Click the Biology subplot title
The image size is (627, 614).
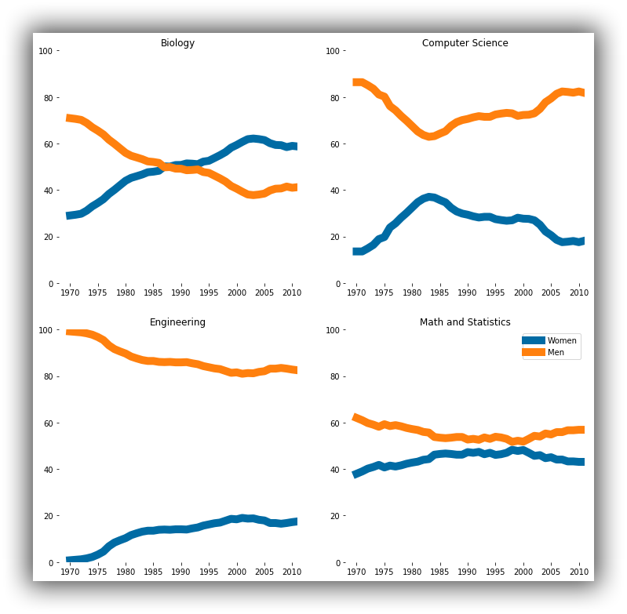pos(177,43)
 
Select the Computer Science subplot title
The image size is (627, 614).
pos(465,43)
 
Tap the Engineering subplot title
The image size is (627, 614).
pos(177,322)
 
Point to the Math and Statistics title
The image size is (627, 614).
pos(465,322)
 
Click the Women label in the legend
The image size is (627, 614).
pos(562,340)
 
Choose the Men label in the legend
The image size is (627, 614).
pos(556,353)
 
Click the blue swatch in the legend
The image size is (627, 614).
pos(534,340)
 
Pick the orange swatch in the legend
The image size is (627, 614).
pos(534,353)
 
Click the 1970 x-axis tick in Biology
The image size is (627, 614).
pos(71,293)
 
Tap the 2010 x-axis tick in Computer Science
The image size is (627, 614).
pos(578,293)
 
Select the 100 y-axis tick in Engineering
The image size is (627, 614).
pos(45,330)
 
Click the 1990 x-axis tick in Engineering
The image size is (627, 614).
pos(181,572)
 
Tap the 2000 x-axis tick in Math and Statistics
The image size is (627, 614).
pos(523,572)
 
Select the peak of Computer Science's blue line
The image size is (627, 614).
pos(428,197)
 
